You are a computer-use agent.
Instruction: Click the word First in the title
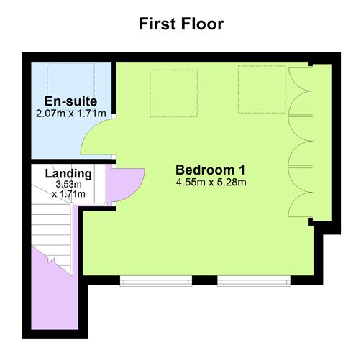[x=158, y=24]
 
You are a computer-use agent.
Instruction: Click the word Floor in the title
[x=203, y=24]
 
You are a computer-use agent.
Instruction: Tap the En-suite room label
[x=70, y=101]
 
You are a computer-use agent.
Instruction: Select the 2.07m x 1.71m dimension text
[x=70, y=114]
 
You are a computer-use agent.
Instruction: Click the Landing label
[x=68, y=174]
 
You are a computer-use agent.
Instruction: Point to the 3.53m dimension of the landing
[x=69, y=185]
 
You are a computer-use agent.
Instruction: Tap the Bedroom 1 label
[x=211, y=170]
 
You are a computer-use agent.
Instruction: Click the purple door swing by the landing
[x=124, y=183]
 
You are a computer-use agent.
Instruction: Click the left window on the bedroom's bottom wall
[x=157, y=280]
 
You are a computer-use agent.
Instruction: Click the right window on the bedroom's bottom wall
[x=253, y=280]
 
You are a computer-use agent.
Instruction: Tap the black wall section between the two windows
[x=205, y=280]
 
